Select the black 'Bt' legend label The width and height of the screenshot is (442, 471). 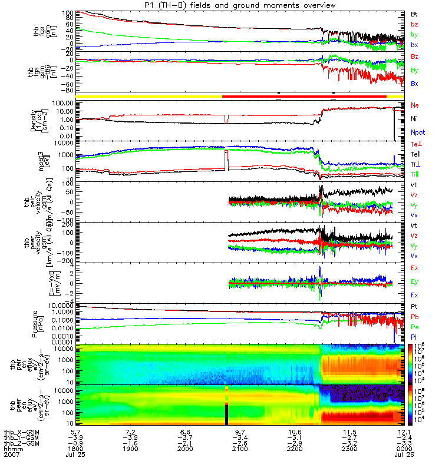[x=414, y=13]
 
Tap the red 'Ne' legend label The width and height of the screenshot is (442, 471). [x=414, y=105]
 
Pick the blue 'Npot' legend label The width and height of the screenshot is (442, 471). [x=417, y=133]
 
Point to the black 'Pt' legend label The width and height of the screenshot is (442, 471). [x=414, y=307]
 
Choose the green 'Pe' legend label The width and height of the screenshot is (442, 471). [x=414, y=326]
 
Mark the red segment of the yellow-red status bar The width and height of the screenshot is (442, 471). [x=304, y=95]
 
